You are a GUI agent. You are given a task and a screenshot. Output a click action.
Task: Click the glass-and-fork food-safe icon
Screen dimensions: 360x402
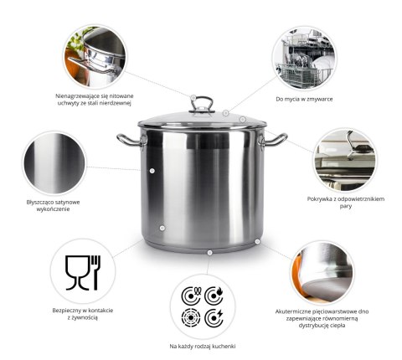pyautogui.click(x=83, y=270)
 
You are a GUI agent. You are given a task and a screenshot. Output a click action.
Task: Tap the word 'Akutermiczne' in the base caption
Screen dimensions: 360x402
pyautogui.click(x=295, y=311)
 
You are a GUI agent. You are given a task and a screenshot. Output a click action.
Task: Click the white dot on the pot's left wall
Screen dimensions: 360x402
pyautogui.click(x=152, y=170)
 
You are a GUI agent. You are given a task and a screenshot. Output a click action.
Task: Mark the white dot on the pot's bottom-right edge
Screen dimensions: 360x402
pyautogui.click(x=257, y=240)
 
